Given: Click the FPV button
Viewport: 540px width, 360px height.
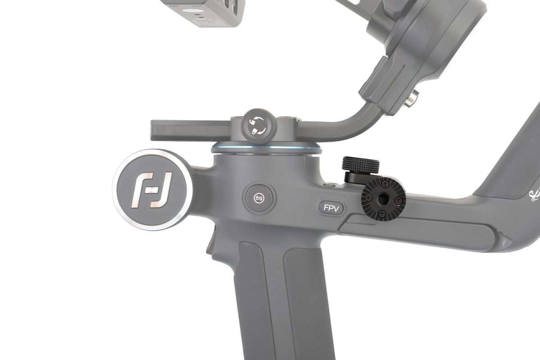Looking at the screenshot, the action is (x=331, y=208).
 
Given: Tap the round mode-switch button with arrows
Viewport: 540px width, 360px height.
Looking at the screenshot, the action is (x=259, y=198).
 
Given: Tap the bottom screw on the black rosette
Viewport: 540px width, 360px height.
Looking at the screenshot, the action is (x=382, y=209).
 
